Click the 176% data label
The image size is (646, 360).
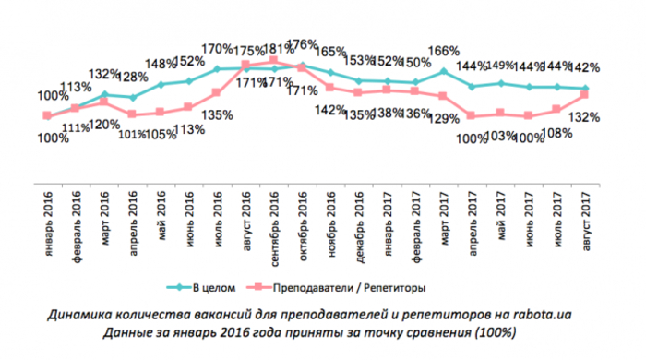[x=303, y=43]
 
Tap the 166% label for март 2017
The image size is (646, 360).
[x=445, y=51]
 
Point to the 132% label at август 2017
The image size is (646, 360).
[x=584, y=117]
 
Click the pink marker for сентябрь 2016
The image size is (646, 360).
[x=274, y=61]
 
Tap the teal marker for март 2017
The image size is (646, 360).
[x=445, y=71]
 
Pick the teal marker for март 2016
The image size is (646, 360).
[x=104, y=94]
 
